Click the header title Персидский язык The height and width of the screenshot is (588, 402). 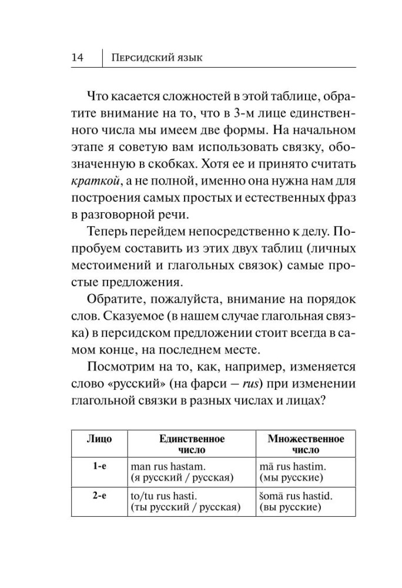pos(157,58)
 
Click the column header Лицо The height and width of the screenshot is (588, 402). pos(99,439)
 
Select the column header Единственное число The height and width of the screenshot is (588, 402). pos(192,445)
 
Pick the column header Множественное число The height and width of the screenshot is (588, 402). pos(306,445)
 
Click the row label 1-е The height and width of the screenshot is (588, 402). pos(99,466)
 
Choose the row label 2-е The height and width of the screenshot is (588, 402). pos(99,496)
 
